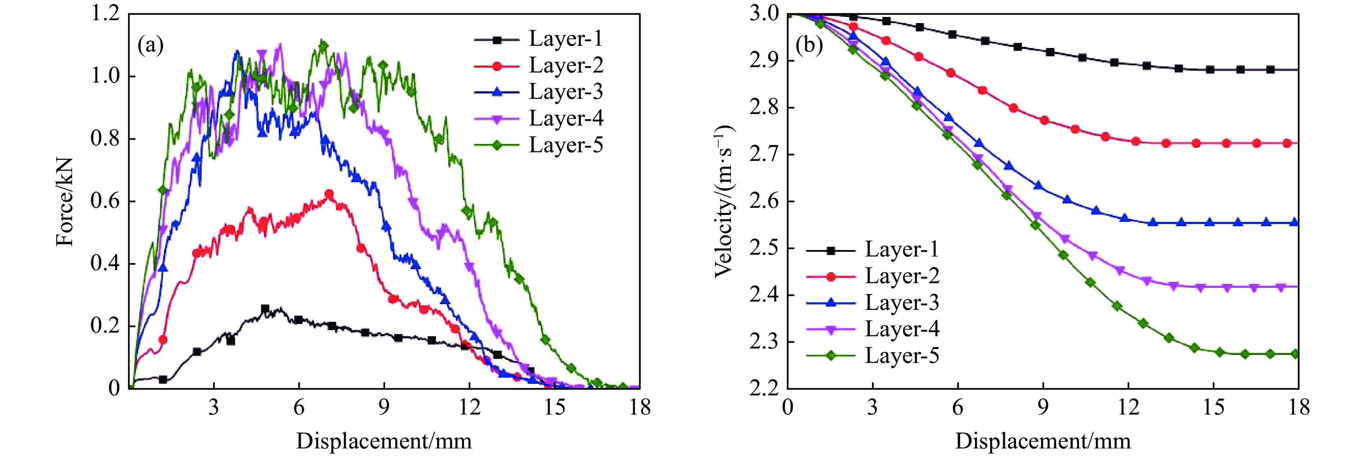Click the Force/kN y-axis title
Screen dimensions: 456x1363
click(65, 201)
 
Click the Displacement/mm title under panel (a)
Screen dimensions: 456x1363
click(384, 440)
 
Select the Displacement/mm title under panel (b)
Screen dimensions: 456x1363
click(1042, 440)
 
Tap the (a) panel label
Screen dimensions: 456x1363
click(150, 45)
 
